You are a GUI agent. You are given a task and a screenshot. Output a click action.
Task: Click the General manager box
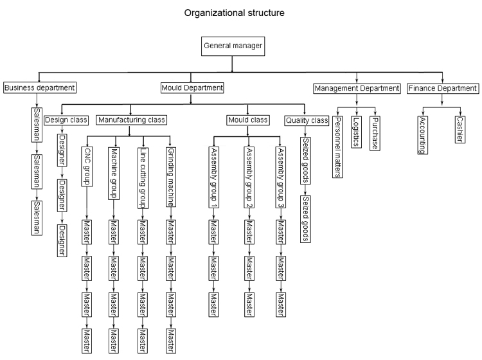232,46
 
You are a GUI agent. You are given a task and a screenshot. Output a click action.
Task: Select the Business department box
40,87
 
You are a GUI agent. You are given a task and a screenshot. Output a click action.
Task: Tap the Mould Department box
192,87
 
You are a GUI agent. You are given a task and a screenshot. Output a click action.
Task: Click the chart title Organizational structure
233,12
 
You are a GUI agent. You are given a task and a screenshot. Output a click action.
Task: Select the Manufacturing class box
131,119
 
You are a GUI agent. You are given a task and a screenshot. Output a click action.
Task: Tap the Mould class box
247,119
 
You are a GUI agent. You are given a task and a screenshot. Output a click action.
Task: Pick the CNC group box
87,165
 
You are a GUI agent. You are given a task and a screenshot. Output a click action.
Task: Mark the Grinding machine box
170,169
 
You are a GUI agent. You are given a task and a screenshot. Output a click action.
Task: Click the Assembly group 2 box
247,170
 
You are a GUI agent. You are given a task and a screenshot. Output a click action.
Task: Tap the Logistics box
357,132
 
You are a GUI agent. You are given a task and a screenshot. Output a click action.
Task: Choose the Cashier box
460,128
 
